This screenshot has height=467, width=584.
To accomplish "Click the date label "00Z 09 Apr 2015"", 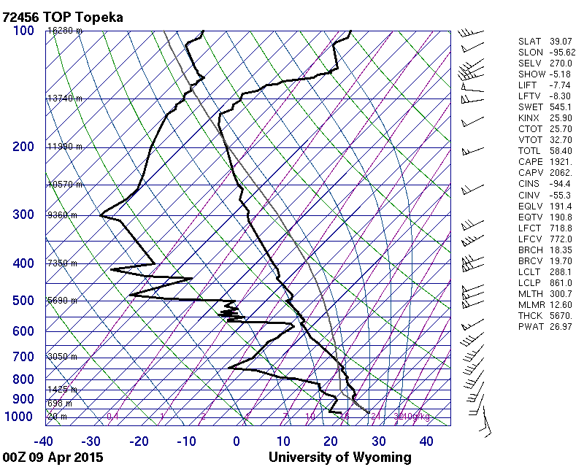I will coord(52,458).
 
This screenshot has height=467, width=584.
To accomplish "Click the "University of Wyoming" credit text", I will coord(339,458).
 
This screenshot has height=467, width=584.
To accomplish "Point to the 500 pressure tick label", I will coord(23,301).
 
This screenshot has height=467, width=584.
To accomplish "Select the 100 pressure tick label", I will coord(23,31).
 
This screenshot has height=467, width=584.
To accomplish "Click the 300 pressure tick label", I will coord(23,215).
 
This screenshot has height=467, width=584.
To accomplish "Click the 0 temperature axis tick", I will coord(237,441).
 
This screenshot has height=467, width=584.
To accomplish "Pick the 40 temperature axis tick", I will coord(426,441).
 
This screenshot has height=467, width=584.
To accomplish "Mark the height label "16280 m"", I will coord(64,31).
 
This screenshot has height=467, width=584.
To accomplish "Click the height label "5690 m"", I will coord(62,301).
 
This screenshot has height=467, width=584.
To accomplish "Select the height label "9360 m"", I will coord(62,215).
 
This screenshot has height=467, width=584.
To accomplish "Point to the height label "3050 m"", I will coord(62,357).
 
